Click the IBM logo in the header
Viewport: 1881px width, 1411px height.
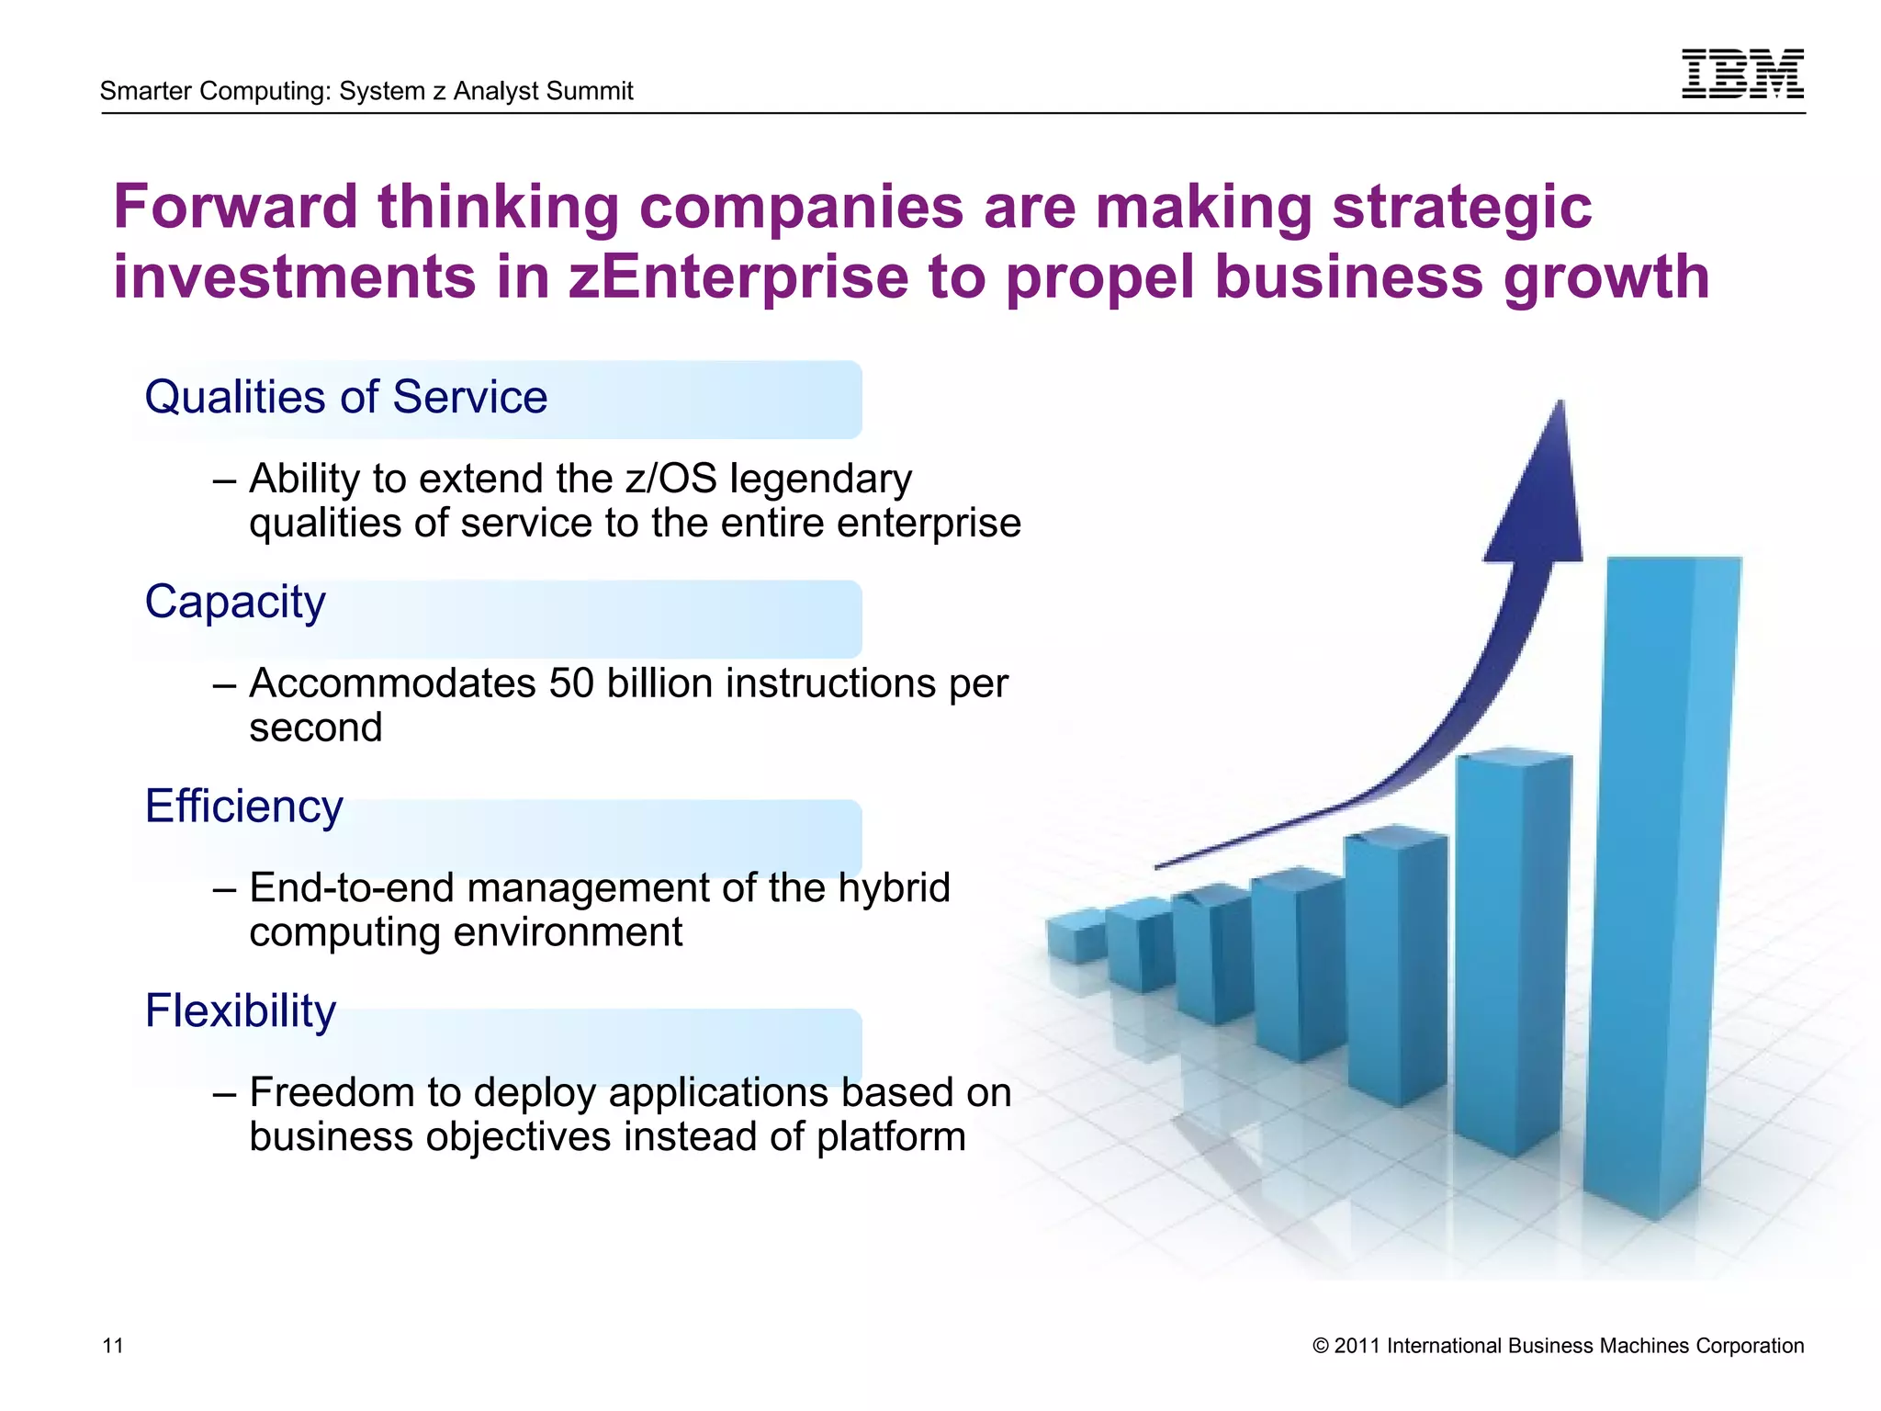pyautogui.click(x=1742, y=73)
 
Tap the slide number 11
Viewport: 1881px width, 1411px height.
pyautogui.click(x=112, y=1346)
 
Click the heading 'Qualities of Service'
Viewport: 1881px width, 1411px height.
pyautogui.click(x=346, y=398)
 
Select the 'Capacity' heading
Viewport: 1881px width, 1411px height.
pyautogui.click(x=235, y=603)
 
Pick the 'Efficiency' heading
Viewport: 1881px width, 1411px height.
pyautogui.click(x=243, y=807)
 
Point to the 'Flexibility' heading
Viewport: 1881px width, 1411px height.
pyautogui.click(x=241, y=1011)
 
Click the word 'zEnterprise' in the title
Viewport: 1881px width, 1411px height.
pyautogui.click(x=738, y=277)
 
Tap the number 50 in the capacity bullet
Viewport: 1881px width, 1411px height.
pyautogui.click(x=571, y=683)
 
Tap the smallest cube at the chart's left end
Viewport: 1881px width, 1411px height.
pyautogui.click(x=1076, y=934)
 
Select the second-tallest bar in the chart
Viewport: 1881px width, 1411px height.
pyautogui.click(x=1511, y=946)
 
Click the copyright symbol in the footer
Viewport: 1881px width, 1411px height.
pyautogui.click(x=1321, y=1347)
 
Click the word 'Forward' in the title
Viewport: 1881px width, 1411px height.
pyautogui.click(x=235, y=207)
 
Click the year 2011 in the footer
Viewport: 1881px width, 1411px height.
pyautogui.click(x=1356, y=1347)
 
